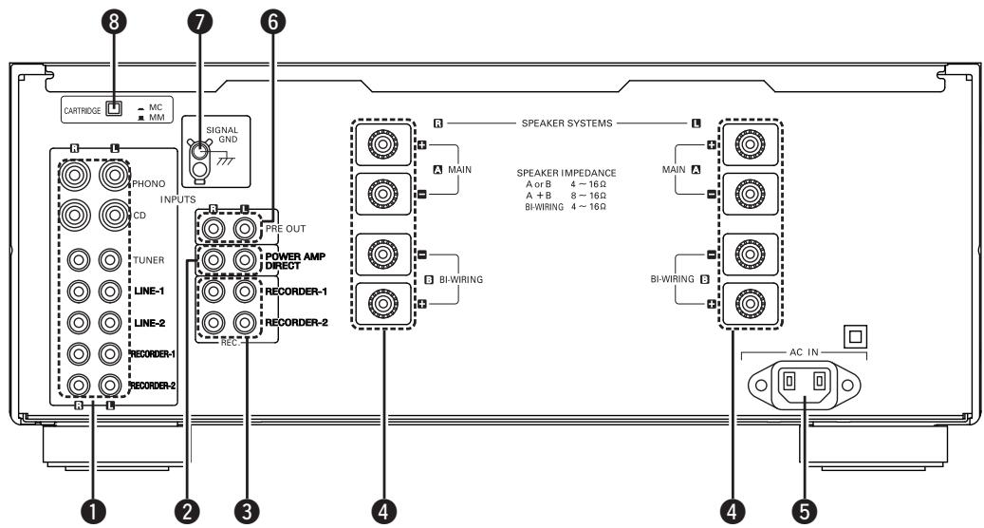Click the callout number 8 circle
114,22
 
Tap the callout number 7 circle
199,22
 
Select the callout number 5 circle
804,511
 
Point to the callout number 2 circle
187,511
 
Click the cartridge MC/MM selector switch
114,108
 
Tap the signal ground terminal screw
199,151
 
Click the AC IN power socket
804,384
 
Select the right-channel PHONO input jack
75,175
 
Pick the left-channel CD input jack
114,215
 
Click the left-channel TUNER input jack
110,259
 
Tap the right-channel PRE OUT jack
214,229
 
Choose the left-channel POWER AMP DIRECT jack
245,259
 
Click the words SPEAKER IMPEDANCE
566,173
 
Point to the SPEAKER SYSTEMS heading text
566,123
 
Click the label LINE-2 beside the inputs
149,323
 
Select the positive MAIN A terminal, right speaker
382,144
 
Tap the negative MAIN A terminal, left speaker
750,194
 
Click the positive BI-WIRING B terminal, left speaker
750,304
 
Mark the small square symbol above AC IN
855,336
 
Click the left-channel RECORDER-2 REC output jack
245,323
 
